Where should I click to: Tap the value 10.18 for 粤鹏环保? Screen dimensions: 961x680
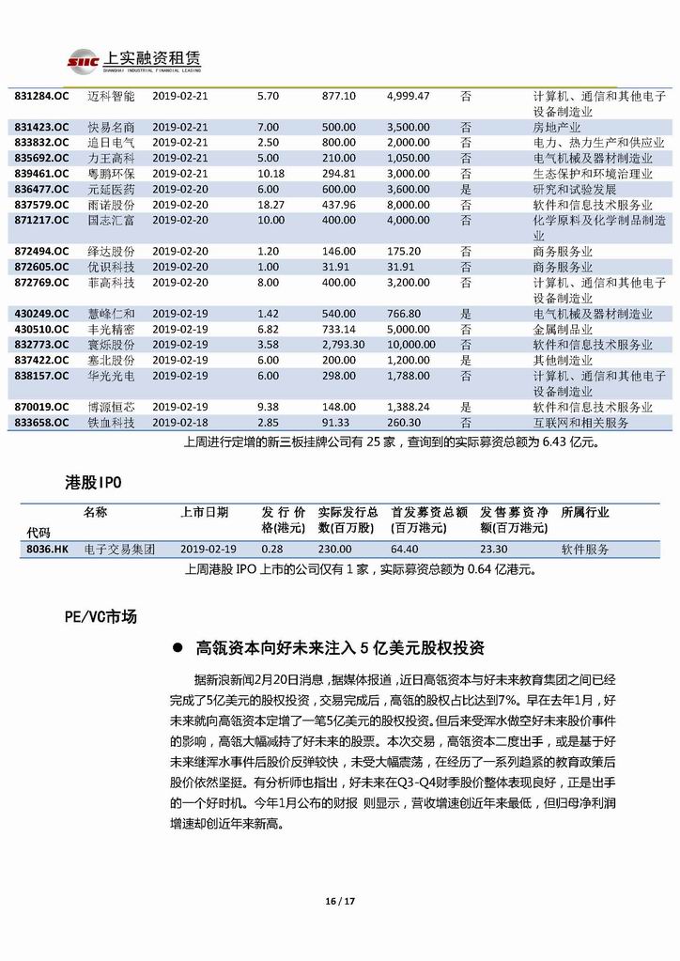[270, 174]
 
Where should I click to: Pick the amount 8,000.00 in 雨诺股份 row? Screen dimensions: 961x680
[409, 204]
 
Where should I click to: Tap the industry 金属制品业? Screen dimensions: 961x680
[562, 330]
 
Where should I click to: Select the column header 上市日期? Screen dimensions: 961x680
[204, 513]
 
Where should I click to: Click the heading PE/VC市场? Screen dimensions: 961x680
[100, 616]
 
